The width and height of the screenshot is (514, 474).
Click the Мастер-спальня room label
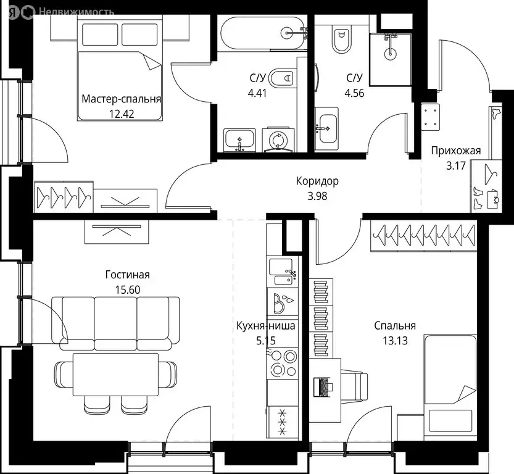(122, 99)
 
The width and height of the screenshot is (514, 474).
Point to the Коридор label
(317, 181)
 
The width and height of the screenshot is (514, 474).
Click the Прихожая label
(455, 150)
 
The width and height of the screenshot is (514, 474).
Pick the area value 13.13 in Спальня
(394, 339)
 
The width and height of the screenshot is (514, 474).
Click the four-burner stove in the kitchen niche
(283, 363)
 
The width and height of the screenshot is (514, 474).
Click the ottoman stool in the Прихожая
(430, 117)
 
